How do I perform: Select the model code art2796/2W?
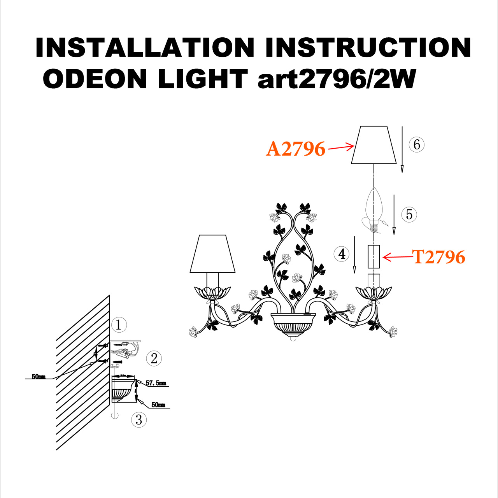337,79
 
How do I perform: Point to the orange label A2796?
296,149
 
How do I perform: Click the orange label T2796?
439,257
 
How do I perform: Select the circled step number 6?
417,145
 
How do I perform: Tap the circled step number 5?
409,214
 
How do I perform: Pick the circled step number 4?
342,254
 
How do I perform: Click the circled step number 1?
119,324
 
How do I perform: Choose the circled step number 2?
154,358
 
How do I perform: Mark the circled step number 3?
139,420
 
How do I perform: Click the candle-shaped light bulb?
374,206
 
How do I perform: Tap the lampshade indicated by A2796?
374,145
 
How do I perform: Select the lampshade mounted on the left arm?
212,254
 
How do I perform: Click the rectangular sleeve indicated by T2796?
374,256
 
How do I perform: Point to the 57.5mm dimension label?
156,383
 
